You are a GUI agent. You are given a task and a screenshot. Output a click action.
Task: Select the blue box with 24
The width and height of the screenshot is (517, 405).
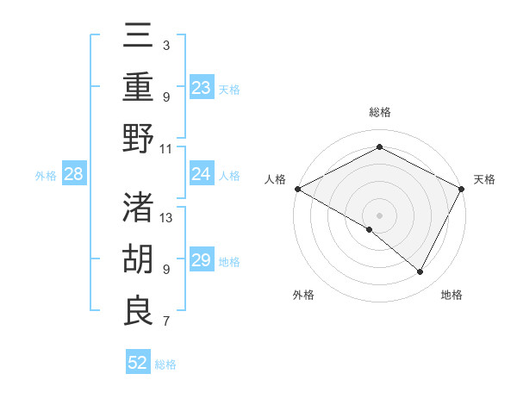202,174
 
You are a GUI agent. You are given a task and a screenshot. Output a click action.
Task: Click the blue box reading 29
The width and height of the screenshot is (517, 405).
202,260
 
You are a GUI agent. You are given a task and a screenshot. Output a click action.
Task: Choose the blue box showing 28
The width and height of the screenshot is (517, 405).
74,174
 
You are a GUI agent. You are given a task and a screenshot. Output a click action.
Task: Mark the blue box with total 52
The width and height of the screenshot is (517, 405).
138,363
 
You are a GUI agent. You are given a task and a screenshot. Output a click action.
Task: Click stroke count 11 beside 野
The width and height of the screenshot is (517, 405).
166,148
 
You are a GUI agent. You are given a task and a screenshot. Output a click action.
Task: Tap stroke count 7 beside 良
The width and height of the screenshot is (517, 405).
166,322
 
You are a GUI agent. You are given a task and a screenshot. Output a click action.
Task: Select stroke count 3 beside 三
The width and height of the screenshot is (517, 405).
166,44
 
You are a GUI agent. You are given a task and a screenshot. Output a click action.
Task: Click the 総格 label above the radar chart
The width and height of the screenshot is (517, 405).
379,113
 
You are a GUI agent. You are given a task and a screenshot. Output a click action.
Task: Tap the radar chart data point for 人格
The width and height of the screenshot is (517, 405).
297,189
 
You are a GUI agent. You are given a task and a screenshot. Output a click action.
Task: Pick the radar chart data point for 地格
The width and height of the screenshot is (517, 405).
420,272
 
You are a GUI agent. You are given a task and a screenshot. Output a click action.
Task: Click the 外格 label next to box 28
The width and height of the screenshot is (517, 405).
45,175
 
